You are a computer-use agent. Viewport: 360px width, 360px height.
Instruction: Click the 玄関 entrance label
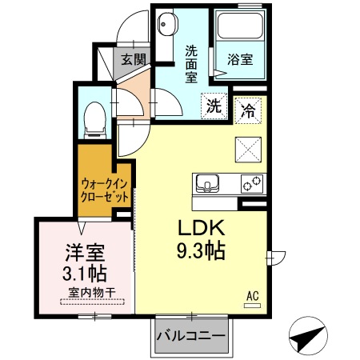133,59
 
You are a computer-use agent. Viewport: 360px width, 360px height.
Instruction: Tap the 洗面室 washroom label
192,64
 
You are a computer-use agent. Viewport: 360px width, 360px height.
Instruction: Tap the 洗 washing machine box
214,106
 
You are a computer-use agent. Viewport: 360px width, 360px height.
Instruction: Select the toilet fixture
93,118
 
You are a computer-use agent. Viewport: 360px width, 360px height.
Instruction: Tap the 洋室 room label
83,254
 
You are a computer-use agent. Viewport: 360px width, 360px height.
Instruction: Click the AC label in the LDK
252,297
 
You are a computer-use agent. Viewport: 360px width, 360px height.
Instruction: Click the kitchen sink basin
207,185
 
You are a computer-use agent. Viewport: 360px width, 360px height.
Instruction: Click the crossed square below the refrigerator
248,150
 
